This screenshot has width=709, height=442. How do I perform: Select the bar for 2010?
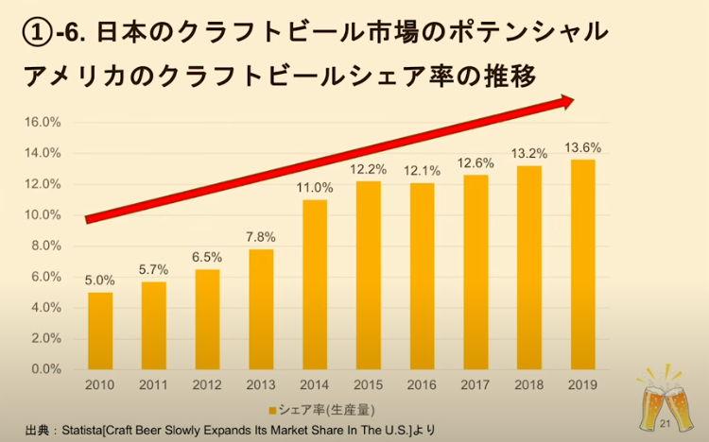100,331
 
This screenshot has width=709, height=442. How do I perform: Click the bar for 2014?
315,283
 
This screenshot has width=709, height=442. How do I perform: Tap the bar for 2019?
583,264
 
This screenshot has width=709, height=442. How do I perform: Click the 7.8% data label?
261,236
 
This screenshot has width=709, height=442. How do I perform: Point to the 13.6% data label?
583,146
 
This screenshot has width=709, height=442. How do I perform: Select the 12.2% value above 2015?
369,168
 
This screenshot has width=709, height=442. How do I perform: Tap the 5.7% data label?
154,269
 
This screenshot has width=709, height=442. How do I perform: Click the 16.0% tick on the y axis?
43,122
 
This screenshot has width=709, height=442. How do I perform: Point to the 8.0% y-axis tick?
46,246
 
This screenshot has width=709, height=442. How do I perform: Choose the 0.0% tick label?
46,369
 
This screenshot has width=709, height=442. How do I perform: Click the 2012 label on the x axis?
207,386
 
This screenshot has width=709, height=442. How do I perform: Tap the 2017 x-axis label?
476,386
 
